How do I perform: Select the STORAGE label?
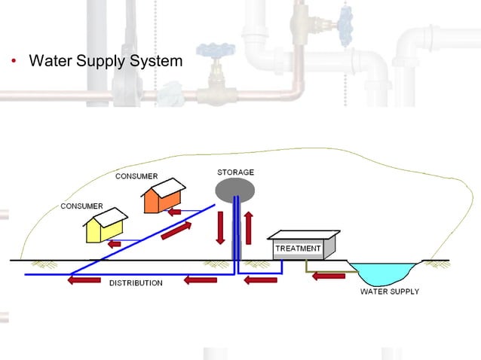(x=235, y=172)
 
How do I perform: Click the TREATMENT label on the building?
(x=298, y=249)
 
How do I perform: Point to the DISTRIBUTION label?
(x=136, y=283)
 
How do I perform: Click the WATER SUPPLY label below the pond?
(x=389, y=291)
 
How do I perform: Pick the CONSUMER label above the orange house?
(x=136, y=176)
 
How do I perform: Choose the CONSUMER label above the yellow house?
(x=81, y=206)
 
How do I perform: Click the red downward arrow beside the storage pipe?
(x=220, y=227)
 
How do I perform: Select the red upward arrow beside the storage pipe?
(x=249, y=227)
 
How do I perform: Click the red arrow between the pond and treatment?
(x=328, y=276)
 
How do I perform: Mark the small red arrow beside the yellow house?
(x=114, y=244)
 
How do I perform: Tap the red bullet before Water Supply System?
(x=14, y=61)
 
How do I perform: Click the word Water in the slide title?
(x=50, y=60)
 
